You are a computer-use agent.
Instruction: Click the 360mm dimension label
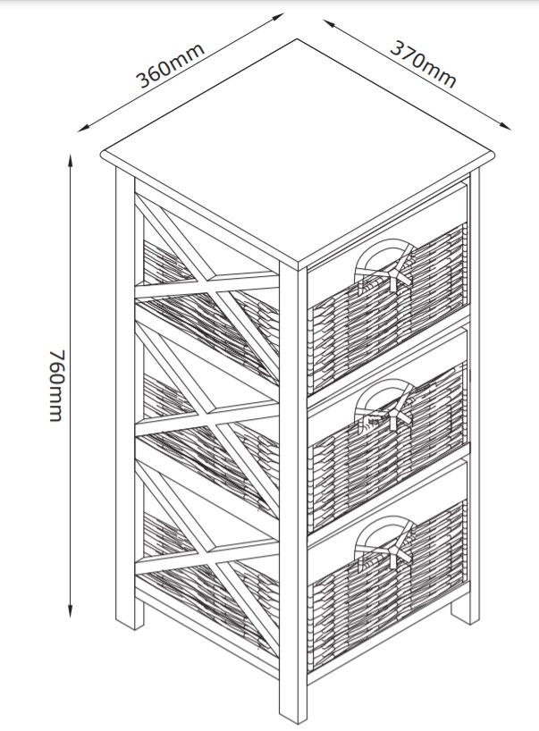[x=170, y=65]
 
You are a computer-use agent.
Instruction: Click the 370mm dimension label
[x=423, y=64]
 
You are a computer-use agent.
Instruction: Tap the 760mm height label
[x=56, y=385]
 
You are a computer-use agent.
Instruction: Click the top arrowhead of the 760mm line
[x=71, y=161]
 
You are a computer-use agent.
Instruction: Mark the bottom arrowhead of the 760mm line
[x=71, y=611]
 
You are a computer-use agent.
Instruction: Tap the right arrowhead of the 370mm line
[x=506, y=126]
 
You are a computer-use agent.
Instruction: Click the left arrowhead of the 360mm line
[x=83, y=128]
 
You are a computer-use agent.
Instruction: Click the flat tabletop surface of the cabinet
[x=298, y=152]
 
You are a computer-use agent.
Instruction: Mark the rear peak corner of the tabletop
[x=298, y=39]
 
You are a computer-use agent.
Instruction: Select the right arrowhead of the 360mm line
[x=278, y=17]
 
